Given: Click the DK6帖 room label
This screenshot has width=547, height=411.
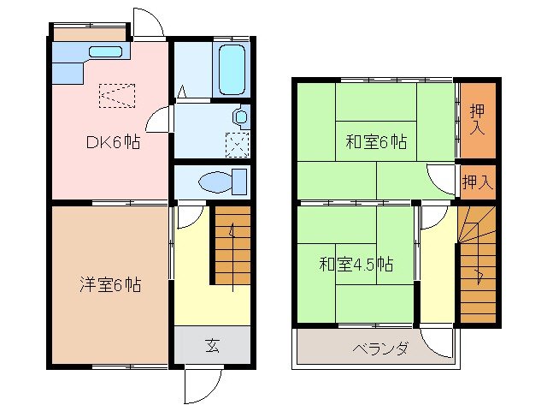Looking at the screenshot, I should [114, 143].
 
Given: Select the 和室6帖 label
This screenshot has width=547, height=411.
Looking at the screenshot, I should [375, 142].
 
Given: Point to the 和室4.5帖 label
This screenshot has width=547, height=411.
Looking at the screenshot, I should [356, 265].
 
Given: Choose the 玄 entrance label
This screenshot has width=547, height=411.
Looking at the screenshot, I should [212, 345].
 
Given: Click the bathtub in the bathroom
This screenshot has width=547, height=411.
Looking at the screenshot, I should [232, 70].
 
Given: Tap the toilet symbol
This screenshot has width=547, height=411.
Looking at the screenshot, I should [221, 182].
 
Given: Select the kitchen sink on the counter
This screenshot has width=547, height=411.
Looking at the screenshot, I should [106, 52].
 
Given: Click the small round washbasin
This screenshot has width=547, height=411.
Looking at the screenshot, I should [240, 116].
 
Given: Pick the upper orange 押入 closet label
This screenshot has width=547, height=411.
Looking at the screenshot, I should [478, 119].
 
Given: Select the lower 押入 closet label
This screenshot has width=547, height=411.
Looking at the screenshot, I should [478, 182].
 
